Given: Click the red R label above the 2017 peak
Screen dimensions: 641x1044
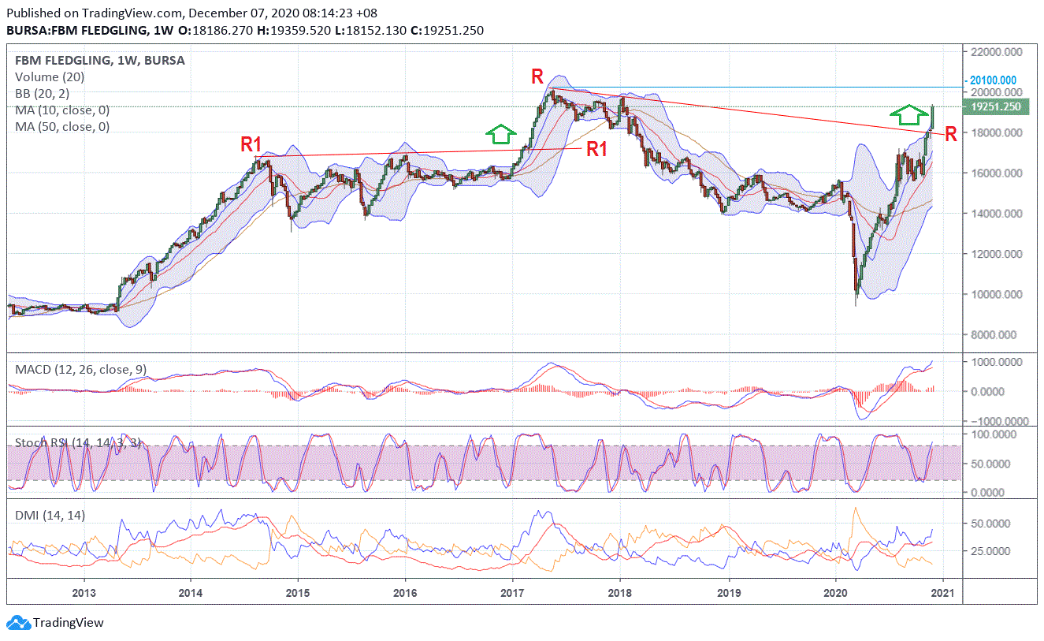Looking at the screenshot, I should (537, 76).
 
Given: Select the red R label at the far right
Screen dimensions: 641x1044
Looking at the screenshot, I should (951, 134).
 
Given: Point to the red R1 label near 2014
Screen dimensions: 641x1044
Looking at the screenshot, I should (251, 144).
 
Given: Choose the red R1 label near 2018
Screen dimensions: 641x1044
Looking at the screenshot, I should (596, 149).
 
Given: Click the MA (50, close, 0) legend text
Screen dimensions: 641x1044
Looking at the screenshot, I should (62, 127).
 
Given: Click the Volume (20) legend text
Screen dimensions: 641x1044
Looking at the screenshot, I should (50, 77).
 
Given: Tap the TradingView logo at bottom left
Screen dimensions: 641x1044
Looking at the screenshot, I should (56, 623).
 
